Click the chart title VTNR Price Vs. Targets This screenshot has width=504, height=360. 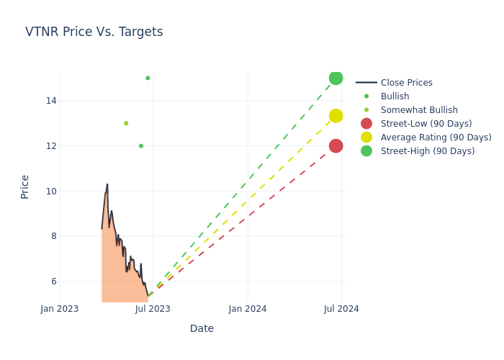(x=94, y=32)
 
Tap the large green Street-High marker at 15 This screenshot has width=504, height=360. (x=336, y=78)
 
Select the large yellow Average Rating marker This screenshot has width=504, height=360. (x=336, y=116)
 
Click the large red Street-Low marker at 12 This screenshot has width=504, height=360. (x=336, y=146)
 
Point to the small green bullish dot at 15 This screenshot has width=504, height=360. (x=148, y=78)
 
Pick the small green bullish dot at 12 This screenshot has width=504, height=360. (x=141, y=146)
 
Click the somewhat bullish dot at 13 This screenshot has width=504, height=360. (x=126, y=123)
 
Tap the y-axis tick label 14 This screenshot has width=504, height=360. (x=50, y=101)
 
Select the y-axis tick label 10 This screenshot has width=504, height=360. (x=50, y=192)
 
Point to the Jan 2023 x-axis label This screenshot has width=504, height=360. (x=59, y=309)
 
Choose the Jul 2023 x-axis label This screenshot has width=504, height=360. (x=153, y=309)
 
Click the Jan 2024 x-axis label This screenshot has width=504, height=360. (x=248, y=309)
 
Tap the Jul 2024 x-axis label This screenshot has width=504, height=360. (x=341, y=309)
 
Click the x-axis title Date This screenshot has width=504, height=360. (x=202, y=328)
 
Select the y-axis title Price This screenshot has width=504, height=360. (x=25, y=186)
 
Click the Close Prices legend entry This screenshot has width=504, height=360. (x=406, y=83)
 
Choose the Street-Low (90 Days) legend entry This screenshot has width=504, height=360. (x=426, y=124)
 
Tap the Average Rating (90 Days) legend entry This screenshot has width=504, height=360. (x=436, y=138)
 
